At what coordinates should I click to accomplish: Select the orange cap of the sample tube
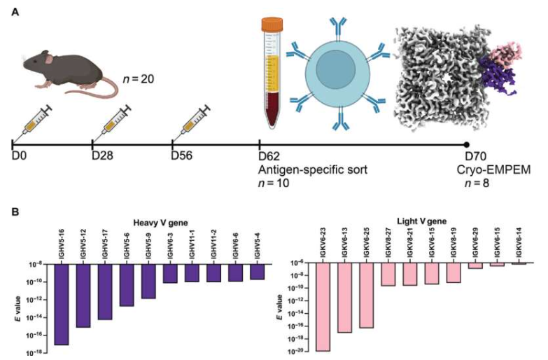[x=272, y=24]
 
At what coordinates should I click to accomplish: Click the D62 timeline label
[x=269, y=156]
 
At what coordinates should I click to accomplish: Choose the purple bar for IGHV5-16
[x=61, y=305]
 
